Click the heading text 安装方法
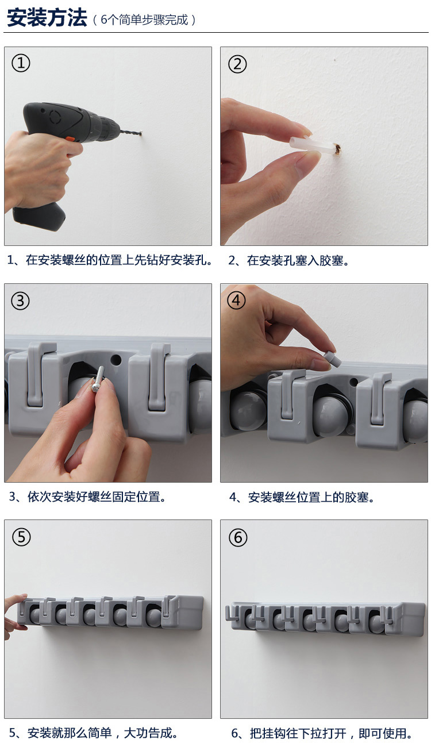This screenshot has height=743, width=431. pyautogui.click(x=47, y=18)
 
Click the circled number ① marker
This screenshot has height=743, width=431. pyautogui.click(x=21, y=63)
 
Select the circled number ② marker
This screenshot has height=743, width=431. pyautogui.click(x=237, y=64)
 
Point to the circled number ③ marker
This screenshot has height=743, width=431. pyautogui.click(x=20, y=301)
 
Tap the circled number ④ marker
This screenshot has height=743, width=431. pyautogui.click(x=236, y=300)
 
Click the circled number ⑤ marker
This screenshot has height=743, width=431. pyautogui.click(x=21, y=537)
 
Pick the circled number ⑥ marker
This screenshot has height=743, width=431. pyautogui.click(x=238, y=537)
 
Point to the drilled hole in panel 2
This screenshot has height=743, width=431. pyautogui.click(x=337, y=149)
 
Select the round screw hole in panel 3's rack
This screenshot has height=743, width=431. pyautogui.click(x=116, y=359)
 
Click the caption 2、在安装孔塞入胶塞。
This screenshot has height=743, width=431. pyautogui.click(x=288, y=260)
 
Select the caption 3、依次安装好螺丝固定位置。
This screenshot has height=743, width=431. pyautogui.click(x=87, y=497)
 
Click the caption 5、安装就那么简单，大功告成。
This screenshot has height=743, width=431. pyautogui.click(x=93, y=733)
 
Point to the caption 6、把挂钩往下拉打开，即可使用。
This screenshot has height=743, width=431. pyautogui.click(x=321, y=733)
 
